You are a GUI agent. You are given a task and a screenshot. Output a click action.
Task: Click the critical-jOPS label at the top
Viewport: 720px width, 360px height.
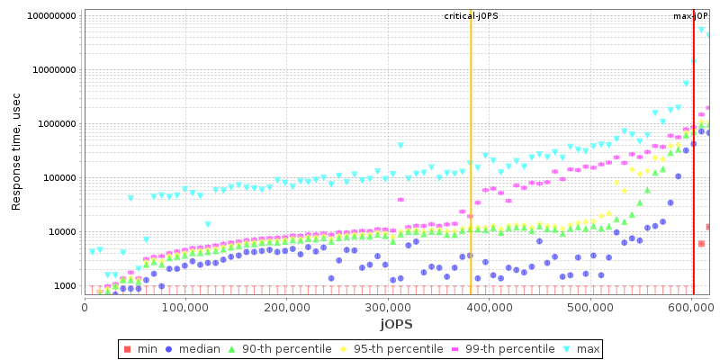tap(471, 16)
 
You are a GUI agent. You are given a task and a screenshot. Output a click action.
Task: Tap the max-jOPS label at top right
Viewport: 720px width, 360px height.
tap(691, 16)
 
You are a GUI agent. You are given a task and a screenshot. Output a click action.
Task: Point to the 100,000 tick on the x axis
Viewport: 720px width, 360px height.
tap(184, 307)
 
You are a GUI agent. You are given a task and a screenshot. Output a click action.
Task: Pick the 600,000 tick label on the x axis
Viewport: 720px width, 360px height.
tap(690, 307)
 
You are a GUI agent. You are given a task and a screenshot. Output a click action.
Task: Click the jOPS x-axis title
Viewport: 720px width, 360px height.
tap(396, 323)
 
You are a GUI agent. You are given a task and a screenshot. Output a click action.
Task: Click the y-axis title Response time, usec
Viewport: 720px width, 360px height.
tap(16, 151)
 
